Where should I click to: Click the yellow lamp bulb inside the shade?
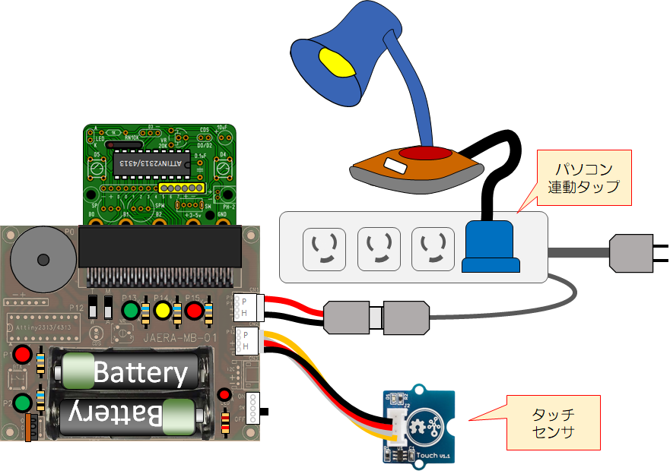click(338, 62)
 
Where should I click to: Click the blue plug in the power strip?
click(491, 245)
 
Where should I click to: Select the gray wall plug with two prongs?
click(633, 251)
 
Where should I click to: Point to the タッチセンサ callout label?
click(553, 423)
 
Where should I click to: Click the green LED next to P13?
click(132, 310)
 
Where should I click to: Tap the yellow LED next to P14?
click(162, 310)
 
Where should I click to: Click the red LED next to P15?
click(194, 310)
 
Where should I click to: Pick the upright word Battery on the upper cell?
click(140, 373)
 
